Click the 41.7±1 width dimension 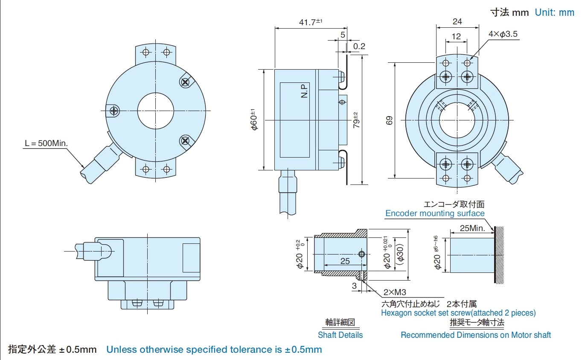point(311,22)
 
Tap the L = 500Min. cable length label point(46,143)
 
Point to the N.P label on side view point(304,91)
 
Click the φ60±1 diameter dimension point(254,120)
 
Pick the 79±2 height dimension point(356,120)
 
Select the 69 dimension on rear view point(389,120)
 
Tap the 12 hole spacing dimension point(456,37)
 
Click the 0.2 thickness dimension point(359,46)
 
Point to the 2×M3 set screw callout point(394,293)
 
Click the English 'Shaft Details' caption point(340,335)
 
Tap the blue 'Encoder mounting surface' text point(435,213)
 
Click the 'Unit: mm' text point(554,12)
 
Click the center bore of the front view point(155,111)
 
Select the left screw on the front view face point(114,111)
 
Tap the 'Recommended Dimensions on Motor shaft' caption point(475,335)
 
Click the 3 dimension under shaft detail point(354,286)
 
